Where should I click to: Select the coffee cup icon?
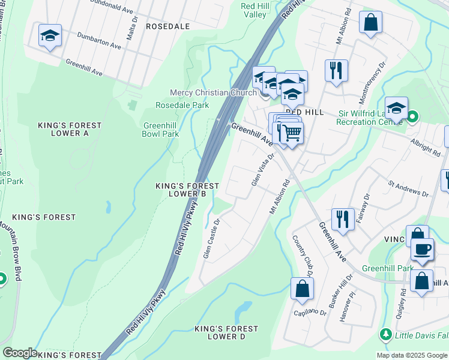(x=421, y=249)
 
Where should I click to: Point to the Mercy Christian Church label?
(x=213, y=92)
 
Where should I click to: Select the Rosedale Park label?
(x=182, y=105)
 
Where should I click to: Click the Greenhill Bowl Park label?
(x=161, y=130)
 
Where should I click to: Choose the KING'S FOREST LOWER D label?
(x=226, y=332)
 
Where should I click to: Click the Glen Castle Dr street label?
(x=212, y=239)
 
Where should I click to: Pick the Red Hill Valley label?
(x=253, y=10)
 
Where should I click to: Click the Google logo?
(x=20, y=353)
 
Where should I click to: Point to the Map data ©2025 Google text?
(x=411, y=355)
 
